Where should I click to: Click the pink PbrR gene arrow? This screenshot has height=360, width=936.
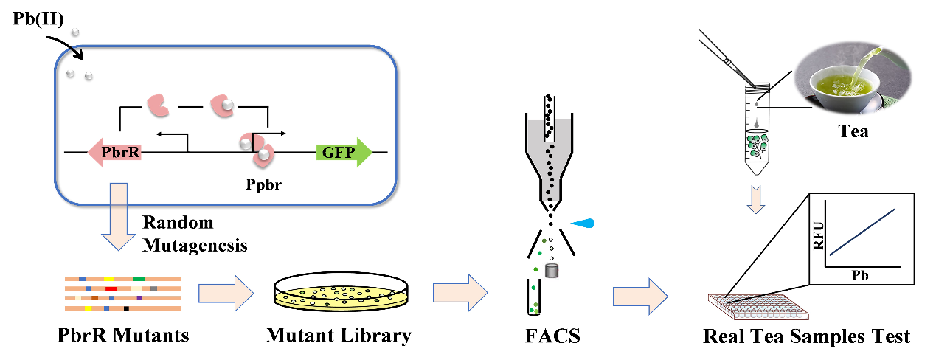114,153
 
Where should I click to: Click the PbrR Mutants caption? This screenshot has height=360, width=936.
124,336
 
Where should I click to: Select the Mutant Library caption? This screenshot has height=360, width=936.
339,336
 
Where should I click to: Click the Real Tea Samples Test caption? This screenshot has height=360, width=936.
806,336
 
